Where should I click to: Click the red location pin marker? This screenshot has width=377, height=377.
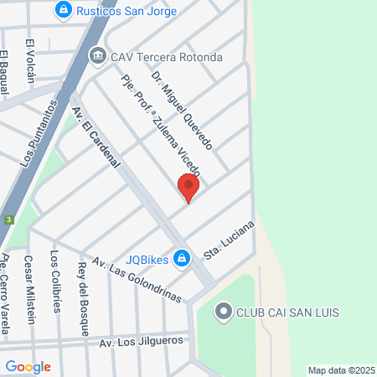pos(188,188)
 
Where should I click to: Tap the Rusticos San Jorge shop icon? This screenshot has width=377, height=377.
pos(62,10)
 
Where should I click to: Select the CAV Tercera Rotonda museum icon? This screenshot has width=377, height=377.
pos(97,57)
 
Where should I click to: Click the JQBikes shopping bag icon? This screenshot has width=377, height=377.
pos(180,257)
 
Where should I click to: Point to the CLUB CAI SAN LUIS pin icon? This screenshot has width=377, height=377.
pos(223,313)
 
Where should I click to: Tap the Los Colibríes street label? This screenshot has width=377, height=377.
pos(55,281)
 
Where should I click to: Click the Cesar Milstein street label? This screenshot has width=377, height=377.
pos(29,288)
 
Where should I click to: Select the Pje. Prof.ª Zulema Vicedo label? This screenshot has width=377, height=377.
pos(156,137)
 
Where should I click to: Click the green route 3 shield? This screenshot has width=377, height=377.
pos(8,220)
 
